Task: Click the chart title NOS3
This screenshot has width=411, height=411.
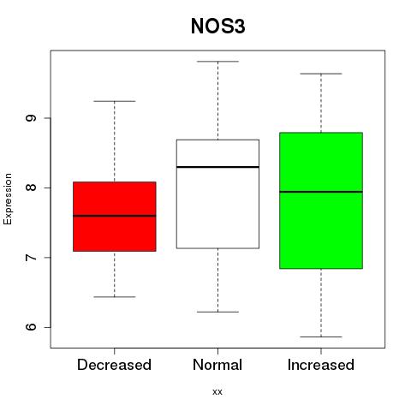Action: (x=217, y=27)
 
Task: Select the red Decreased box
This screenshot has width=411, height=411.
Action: (x=115, y=217)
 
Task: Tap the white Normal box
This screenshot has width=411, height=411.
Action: (x=217, y=194)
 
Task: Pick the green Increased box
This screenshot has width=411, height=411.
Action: (x=321, y=200)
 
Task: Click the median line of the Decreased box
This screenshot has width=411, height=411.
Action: (x=115, y=216)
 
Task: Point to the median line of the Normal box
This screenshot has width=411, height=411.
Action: (x=217, y=167)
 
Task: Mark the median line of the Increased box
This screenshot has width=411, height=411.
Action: (x=321, y=192)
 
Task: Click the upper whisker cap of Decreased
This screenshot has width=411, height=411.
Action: (x=115, y=101)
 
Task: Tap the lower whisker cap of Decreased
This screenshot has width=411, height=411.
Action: (x=115, y=297)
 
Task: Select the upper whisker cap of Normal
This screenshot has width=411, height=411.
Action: (x=217, y=62)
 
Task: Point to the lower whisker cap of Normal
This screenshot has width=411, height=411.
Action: (x=217, y=312)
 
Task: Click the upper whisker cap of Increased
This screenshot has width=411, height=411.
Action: (x=321, y=74)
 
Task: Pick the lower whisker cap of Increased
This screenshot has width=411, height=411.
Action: (x=321, y=337)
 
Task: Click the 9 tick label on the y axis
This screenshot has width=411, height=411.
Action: (x=31, y=118)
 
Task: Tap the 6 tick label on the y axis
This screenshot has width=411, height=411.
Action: (x=31, y=327)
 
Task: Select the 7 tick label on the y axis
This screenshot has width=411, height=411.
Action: (x=31, y=258)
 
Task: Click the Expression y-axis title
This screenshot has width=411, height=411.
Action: (x=8, y=199)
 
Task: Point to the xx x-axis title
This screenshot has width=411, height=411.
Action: (x=217, y=392)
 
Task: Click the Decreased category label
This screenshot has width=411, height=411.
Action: (x=114, y=365)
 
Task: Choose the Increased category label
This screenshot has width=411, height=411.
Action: (x=321, y=365)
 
